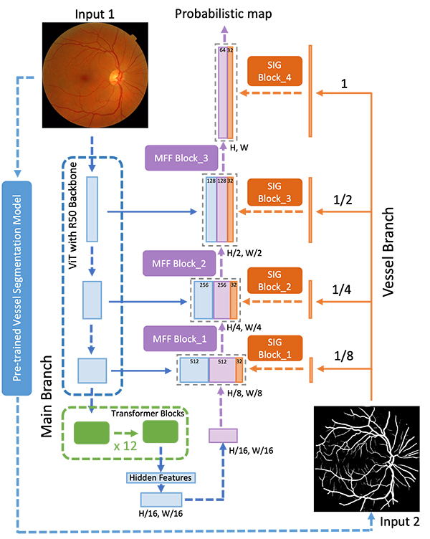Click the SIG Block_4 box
coord(274,71)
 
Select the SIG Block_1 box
coord(275,348)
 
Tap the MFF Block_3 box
coord(181,158)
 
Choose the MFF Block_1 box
coord(180,339)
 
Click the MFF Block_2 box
coord(179,263)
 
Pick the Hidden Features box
coord(161,478)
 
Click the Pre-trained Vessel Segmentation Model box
coord(17,288)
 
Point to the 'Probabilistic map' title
coord(224,14)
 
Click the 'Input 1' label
coord(95,14)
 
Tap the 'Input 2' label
coord(400,522)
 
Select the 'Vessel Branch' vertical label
coord(388,252)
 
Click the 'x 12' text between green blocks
coord(125,446)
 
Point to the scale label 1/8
coord(344,356)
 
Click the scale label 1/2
coord(343,200)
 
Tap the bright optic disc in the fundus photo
coord(115,77)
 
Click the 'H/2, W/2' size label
coord(244,253)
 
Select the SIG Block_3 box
coord(274,192)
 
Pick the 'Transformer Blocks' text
coord(148,413)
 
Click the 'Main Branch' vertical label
coord(47,396)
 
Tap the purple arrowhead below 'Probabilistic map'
coord(224,29)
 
